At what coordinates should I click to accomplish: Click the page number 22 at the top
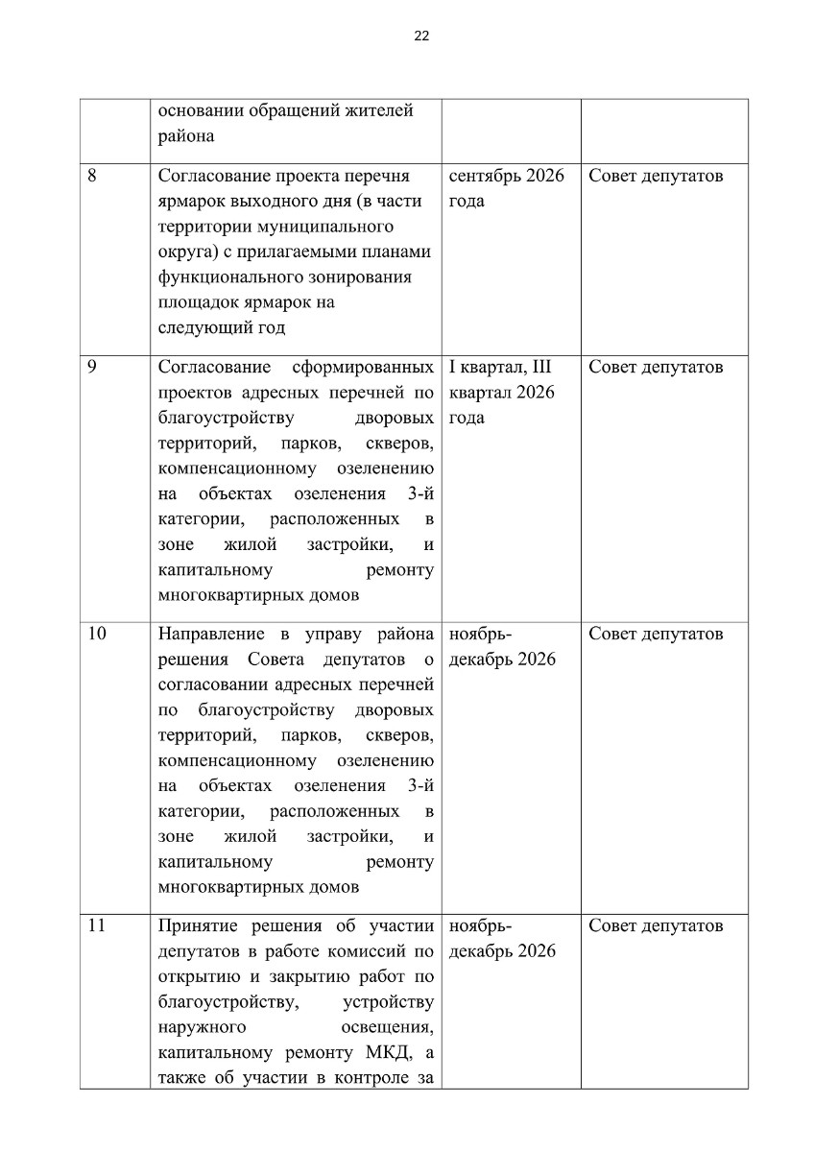tap(421, 36)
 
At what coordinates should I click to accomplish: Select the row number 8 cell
tap(93, 177)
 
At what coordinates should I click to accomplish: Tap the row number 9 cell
tap(93, 368)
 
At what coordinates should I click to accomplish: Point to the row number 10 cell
tap(97, 635)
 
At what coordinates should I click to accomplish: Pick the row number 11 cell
tap(96, 926)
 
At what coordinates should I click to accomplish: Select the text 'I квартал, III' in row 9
tap(499, 368)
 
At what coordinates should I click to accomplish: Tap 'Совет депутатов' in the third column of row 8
tap(656, 177)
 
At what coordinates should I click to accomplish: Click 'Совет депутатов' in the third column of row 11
tap(656, 926)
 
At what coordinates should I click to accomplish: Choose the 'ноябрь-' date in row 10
tap(480, 635)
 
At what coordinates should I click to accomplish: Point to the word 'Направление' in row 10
tap(209, 635)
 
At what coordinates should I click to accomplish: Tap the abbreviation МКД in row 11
tap(381, 1052)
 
